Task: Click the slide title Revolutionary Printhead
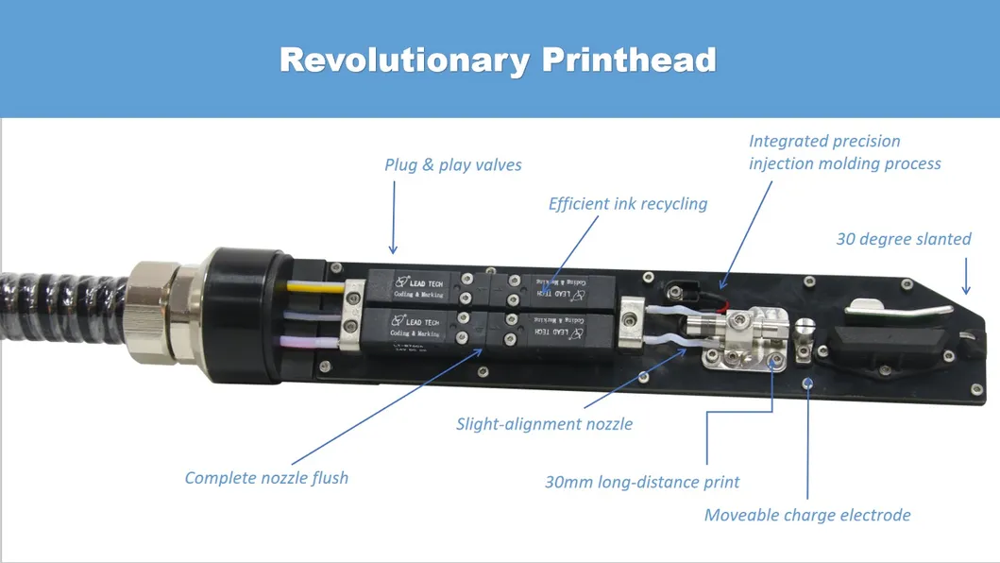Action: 498,60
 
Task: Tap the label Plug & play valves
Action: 453,164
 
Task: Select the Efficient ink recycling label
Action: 628,203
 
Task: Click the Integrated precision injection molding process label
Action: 844,152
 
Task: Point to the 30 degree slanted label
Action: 903,239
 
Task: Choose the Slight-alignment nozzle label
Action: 544,424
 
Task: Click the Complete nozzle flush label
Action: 266,478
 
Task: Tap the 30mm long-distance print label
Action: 642,482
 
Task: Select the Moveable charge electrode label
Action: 807,515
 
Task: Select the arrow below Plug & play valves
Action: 394,218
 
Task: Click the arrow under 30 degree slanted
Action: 964,275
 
